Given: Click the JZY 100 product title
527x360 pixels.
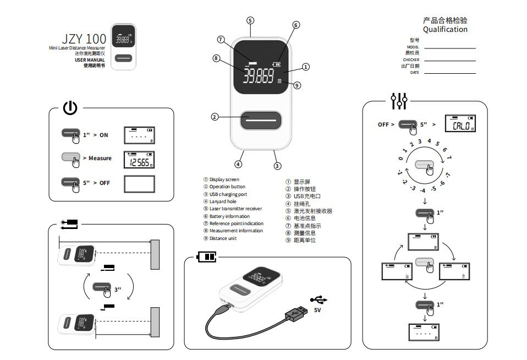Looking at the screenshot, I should click(x=84, y=39).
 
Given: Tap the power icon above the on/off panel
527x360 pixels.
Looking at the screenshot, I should click(x=70, y=108).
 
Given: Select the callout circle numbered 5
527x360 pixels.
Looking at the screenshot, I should click(x=250, y=20).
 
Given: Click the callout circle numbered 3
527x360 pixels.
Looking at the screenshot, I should click(x=277, y=165).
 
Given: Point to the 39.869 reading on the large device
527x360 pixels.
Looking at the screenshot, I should click(x=259, y=77).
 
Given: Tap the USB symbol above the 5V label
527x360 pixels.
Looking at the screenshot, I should click(x=319, y=299).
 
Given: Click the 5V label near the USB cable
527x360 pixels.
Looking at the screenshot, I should click(x=317, y=310).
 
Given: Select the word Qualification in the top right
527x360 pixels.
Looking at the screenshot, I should click(x=445, y=30).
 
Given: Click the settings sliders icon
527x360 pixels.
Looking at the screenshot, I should click(x=399, y=101).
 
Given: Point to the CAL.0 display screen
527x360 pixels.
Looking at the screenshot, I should click(x=460, y=125).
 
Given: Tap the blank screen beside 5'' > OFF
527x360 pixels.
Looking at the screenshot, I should click(x=139, y=183).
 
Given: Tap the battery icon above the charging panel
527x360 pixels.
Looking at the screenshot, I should click(x=207, y=258).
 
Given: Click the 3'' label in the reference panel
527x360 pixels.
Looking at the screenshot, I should click(x=118, y=289).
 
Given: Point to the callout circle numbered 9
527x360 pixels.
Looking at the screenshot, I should click(x=297, y=85).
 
